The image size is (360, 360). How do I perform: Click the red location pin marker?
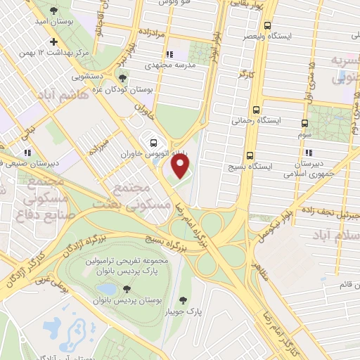[181, 167]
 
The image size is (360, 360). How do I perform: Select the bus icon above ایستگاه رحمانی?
[255, 110]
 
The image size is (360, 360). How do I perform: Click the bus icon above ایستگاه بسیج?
[250, 155]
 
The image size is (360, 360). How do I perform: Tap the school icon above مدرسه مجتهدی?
[169, 54]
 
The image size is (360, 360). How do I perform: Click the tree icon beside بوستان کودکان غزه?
[124, 78]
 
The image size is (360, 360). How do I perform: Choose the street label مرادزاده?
[149, 33]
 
